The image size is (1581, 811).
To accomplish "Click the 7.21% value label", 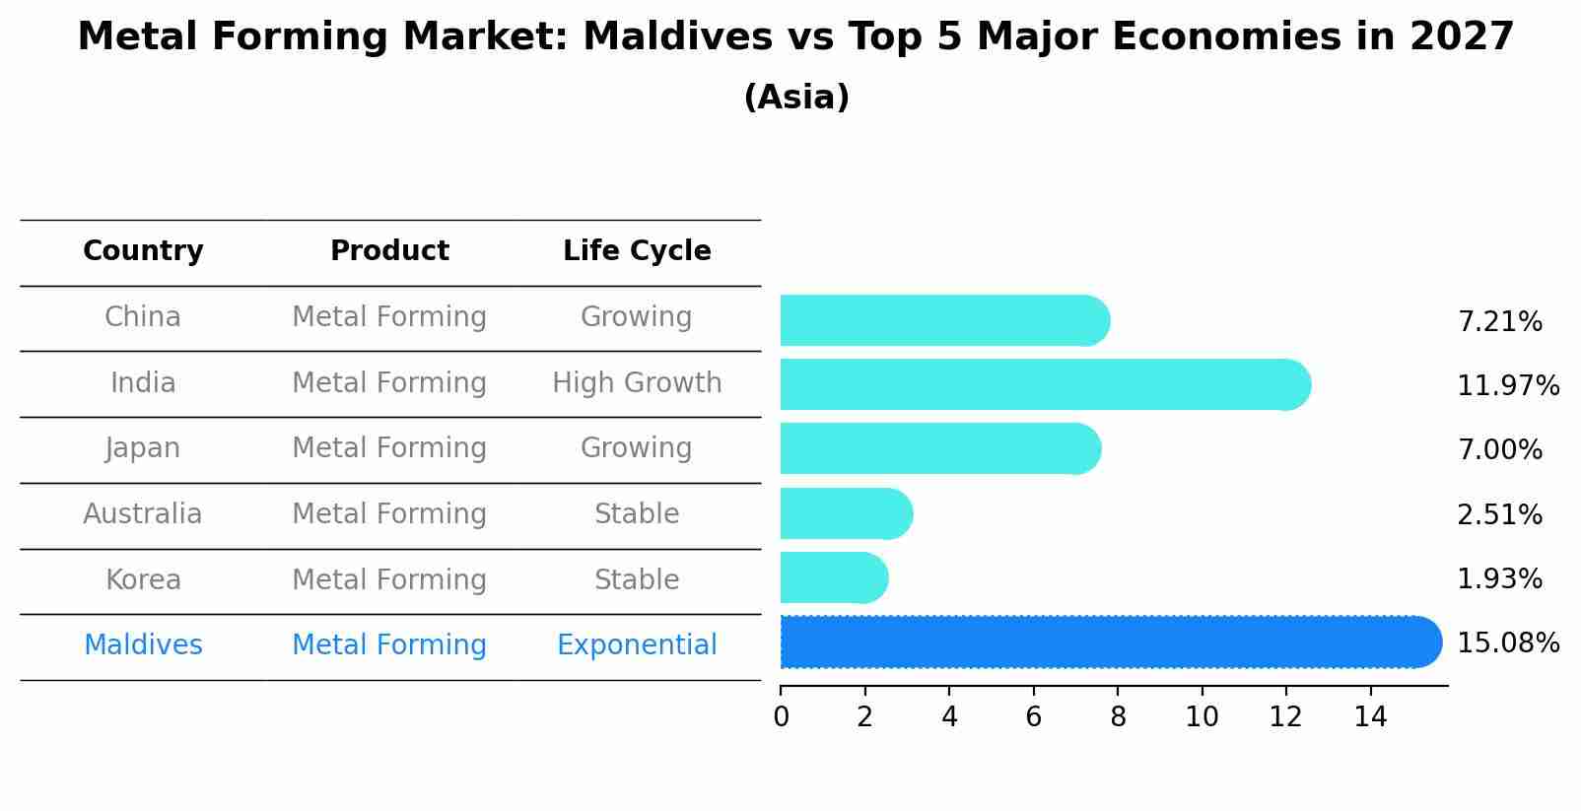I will point(1499,322).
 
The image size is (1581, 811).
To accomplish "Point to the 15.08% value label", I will point(1507,643).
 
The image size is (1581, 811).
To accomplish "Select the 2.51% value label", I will point(1499,514).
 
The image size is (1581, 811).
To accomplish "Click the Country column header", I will point(143,251).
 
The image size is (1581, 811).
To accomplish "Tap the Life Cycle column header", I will point(637,251).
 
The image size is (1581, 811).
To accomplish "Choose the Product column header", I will point(389,251).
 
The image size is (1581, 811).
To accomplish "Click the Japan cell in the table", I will point(143,448).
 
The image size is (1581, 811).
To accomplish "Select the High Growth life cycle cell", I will point(637,382).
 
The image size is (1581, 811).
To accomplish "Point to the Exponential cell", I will point(637,645).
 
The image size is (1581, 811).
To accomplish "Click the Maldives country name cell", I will point(143,645).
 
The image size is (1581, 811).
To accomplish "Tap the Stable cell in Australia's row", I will point(637,514).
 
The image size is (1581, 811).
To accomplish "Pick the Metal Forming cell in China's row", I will point(389,317).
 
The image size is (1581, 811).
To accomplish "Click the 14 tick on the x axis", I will point(1370,716).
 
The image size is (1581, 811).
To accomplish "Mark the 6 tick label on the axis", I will point(1033,716).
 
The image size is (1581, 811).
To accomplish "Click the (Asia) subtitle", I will point(796,98).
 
